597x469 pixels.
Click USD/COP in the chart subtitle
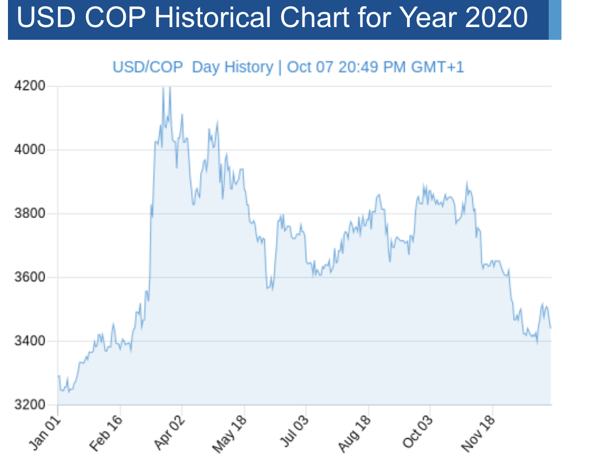click(148, 67)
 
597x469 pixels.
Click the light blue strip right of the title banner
click(555, 20)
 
